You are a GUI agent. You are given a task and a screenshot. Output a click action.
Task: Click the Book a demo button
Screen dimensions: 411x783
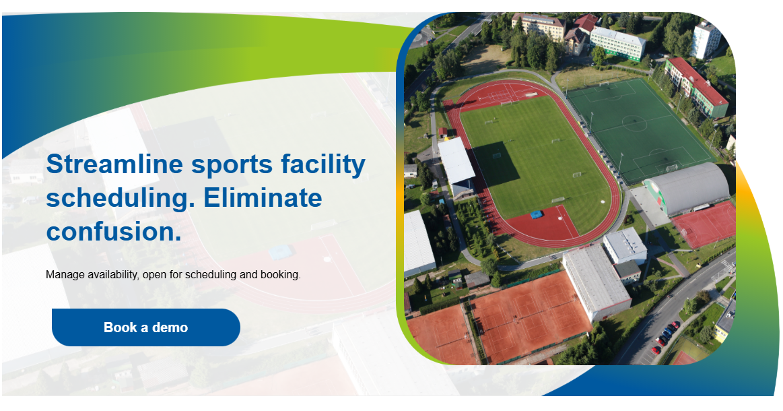[145, 327]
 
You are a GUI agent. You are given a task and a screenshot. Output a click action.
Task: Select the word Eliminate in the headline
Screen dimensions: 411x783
[263, 198]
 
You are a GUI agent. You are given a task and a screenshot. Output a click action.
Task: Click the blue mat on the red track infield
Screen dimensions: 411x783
[537, 214]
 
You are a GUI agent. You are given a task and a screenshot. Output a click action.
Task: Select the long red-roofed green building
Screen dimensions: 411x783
[696, 86]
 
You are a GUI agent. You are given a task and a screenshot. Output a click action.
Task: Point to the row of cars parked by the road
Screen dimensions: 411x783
[665, 336]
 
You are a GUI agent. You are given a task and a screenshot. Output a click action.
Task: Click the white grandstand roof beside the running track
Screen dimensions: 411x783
[456, 161]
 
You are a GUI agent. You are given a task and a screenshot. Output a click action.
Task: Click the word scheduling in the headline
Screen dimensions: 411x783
[116, 198]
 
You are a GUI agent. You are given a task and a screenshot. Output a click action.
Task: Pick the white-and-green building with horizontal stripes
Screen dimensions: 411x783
[617, 42]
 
